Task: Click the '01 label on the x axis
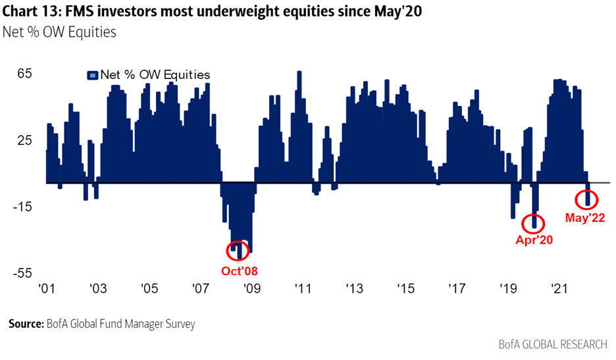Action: coord(46,288)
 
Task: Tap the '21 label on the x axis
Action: coord(559,288)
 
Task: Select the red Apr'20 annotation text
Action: coord(534,240)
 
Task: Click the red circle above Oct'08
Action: coord(237,250)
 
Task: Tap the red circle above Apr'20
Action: coord(534,222)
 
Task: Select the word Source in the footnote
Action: coord(26,324)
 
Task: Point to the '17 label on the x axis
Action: coord(456,288)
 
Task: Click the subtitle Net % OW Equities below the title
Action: coord(59,32)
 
